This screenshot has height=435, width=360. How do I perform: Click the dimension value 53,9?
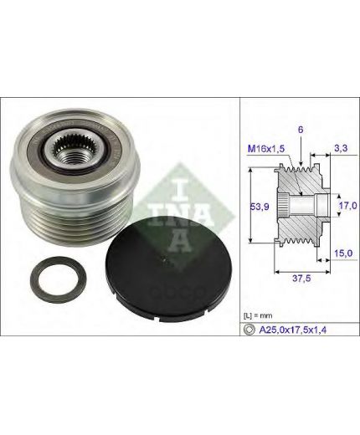[260, 207]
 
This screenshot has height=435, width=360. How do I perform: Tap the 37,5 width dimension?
[301, 278]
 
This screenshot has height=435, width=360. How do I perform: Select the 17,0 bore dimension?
[347, 206]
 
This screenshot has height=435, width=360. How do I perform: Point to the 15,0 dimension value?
[343, 253]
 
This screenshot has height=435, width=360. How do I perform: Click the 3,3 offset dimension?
[341, 148]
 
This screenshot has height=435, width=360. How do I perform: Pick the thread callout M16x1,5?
[266, 149]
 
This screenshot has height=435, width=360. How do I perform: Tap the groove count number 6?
[301, 130]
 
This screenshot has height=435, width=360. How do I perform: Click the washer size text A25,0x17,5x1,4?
[293, 330]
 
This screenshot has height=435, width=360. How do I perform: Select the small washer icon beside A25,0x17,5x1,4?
[249, 330]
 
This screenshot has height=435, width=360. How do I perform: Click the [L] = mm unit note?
[258, 315]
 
